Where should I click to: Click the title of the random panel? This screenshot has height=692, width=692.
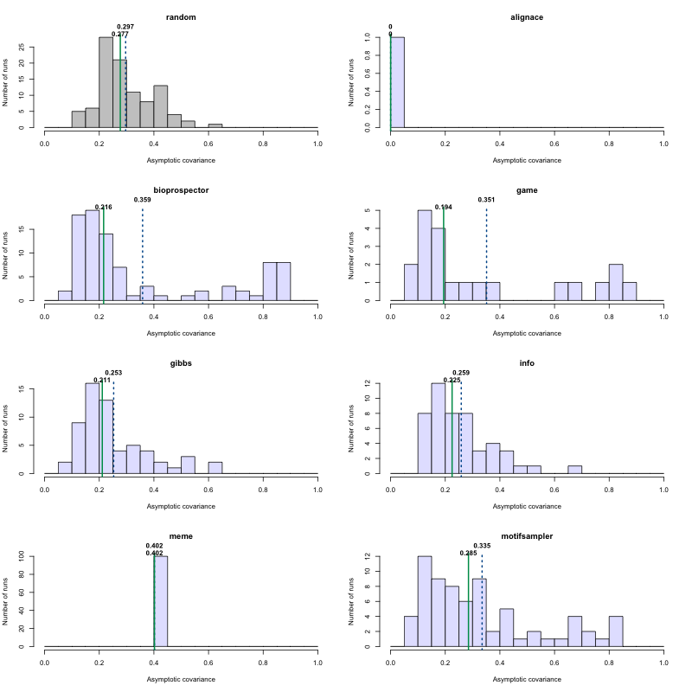pyautogui.click(x=181, y=17)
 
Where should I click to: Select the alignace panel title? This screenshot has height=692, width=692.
pyautogui.click(x=527, y=17)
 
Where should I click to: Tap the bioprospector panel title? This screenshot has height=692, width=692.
pyautogui.click(x=181, y=190)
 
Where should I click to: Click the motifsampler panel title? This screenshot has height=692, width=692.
pyautogui.click(x=527, y=536)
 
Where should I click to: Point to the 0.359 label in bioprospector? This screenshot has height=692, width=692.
pyautogui.click(x=143, y=200)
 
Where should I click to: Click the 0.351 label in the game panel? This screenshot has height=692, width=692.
pyautogui.click(x=486, y=200)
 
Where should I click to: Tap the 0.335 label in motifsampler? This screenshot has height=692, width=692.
pyautogui.click(x=482, y=546)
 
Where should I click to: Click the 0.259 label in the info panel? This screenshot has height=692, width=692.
pyautogui.click(x=461, y=373)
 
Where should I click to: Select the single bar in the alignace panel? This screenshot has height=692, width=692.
pyautogui.click(x=397, y=82)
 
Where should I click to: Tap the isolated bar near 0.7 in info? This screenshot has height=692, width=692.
pyautogui.click(x=574, y=470)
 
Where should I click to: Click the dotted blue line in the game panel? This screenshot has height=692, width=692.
pyautogui.click(x=486, y=259)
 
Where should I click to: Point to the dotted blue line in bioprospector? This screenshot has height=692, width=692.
pyautogui.click(x=143, y=259)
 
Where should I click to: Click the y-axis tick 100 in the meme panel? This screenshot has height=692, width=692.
pyautogui.click(x=31, y=556)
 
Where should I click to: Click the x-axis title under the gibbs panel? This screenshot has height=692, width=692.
pyautogui.click(x=181, y=506)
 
